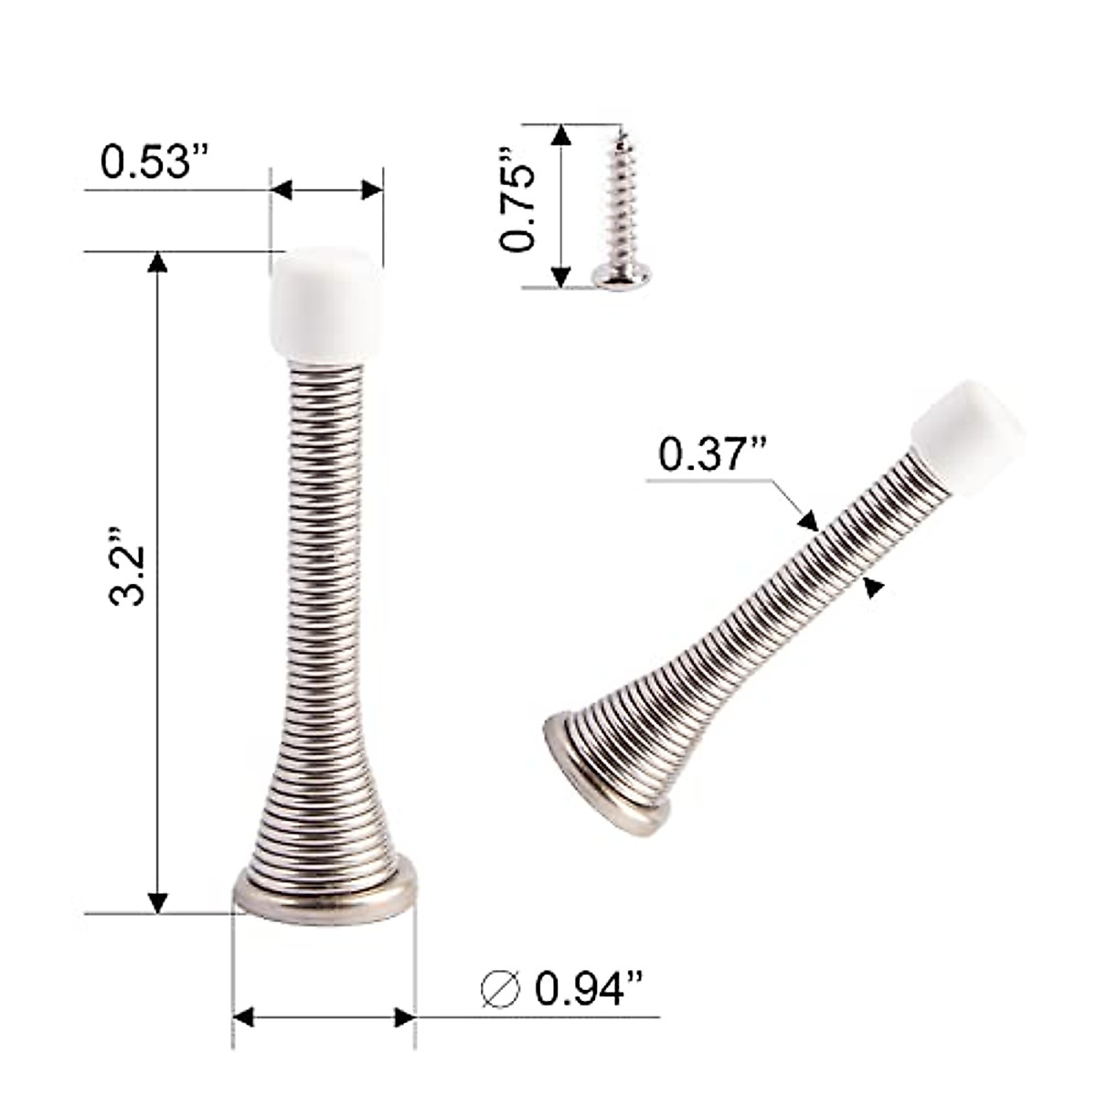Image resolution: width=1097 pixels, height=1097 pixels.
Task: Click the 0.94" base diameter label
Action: click(x=590, y=988)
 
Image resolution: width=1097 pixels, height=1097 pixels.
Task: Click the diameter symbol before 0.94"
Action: click(x=500, y=988)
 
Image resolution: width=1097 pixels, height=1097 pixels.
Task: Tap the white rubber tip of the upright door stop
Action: click(x=326, y=306)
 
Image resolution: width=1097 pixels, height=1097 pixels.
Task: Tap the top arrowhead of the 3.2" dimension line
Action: click(x=158, y=261)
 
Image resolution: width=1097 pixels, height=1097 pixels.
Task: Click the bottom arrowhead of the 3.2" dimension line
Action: click(x=158, y=901)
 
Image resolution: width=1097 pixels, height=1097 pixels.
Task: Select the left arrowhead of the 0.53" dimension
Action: click(x=281, y=190)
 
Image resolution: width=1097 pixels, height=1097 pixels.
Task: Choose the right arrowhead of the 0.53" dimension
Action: click(x=372, y=190)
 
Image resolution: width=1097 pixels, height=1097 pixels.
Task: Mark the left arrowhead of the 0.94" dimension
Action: click(x=244, y=1017)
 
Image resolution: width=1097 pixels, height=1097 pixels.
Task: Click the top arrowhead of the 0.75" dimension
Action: click(x=561, y=135)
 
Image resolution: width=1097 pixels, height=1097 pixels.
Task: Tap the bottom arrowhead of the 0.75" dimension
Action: click(x=561, y=276)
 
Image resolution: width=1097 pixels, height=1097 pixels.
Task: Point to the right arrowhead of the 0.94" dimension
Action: click(x=405, y=1017)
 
